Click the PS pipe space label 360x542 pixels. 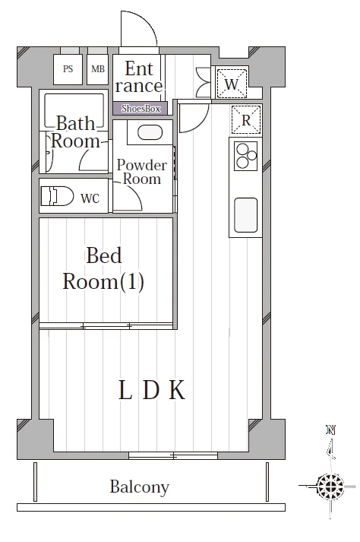pos(68,68)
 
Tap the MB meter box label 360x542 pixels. pos(98,68)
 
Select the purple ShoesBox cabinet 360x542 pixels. pos(141,109)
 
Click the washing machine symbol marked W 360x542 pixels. pos(232,84)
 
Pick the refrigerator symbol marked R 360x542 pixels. pos(245,119)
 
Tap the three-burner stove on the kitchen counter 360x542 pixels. pos(245,156)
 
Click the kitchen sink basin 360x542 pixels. pos(245,215)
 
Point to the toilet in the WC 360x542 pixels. pos(58,196)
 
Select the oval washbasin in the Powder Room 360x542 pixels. pos(150,132)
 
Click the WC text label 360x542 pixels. pos(90,198)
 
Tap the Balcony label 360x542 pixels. pos(140,487)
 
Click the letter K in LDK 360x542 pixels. pos(177,390)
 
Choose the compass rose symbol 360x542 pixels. pos(330,487)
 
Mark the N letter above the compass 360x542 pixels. pos(331,430)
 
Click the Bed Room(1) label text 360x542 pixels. pos(103,268)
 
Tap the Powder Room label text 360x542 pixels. pos(142,172)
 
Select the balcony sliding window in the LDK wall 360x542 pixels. pos(173,455)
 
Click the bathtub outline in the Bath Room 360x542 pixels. pos(74,111)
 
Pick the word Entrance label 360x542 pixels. pos(139,77)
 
